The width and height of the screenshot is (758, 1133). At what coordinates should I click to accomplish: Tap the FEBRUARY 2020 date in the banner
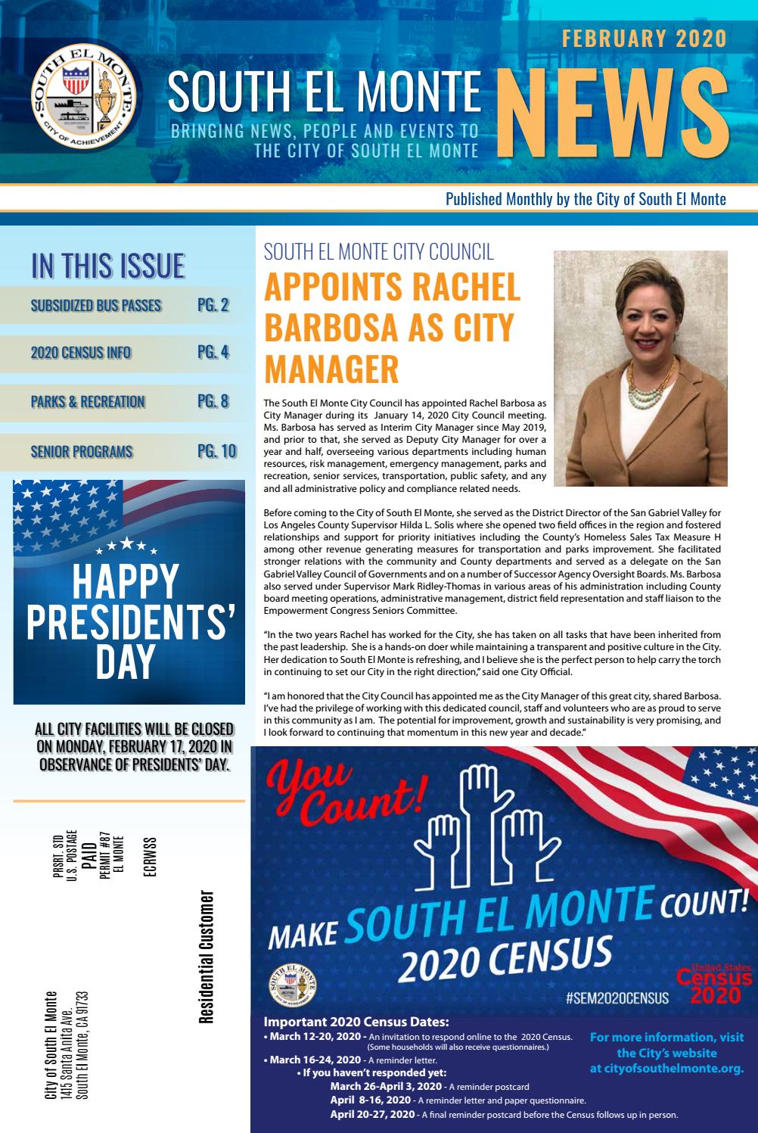coord(643,39)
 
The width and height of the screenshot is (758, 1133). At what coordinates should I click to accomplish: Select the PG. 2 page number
coord(213,306)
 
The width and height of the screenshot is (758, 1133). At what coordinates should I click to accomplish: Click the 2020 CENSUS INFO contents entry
coord(81,353)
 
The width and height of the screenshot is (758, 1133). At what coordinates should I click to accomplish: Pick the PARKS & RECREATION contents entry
coord(88,402)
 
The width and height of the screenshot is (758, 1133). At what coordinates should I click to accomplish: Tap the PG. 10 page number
coord(216,452)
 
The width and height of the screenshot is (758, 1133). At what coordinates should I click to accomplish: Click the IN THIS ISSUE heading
coord(108,266)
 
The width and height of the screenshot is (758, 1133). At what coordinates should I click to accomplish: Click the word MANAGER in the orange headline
coord(331,369)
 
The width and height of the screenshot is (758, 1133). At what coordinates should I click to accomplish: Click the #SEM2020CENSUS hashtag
coord(617,998)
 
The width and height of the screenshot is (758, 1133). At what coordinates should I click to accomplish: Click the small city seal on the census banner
coord(291,985)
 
